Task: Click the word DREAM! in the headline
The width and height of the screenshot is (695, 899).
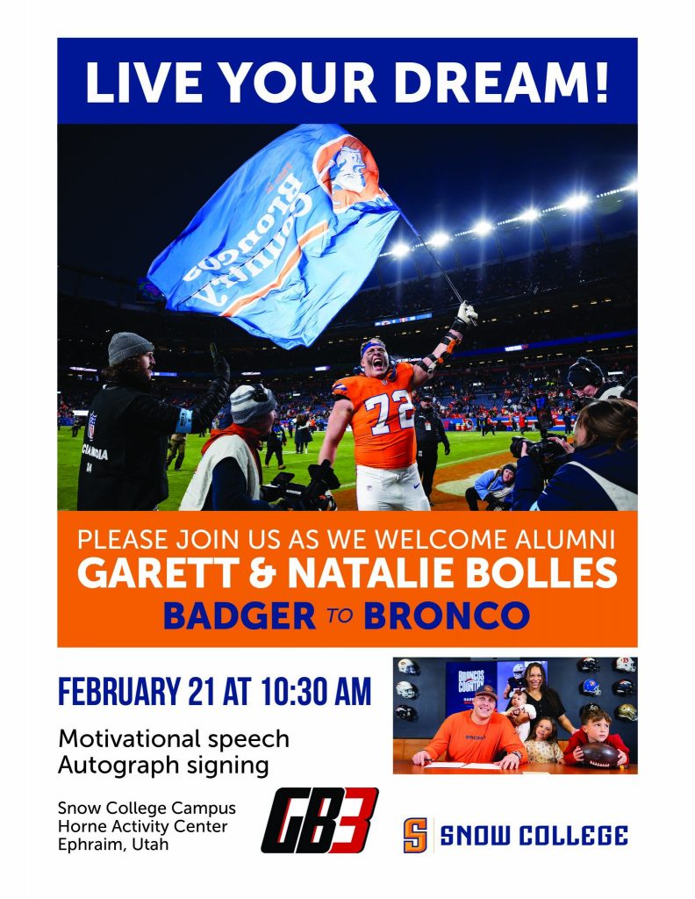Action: (501, 82)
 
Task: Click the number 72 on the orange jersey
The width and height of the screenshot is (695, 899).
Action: (389, 412)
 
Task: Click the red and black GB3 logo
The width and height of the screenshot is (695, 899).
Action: (319, 820)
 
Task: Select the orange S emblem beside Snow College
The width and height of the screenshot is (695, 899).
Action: (415, 836)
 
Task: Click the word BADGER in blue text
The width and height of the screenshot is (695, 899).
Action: (240, 615)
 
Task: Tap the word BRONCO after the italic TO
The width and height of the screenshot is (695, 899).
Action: (447, 615)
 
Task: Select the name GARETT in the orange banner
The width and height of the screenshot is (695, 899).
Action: (158, 572)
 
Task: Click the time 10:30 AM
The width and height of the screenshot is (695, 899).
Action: (316, 692)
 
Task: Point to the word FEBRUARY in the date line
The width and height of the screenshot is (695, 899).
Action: (119, 692)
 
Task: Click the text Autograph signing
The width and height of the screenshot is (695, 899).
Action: (163, 766)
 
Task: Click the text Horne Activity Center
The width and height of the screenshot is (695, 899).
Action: (143, 827)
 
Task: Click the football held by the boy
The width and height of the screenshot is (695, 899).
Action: (600, 754)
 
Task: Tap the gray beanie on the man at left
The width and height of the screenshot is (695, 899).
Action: (130, 348)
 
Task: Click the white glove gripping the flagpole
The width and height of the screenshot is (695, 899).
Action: (466, 313)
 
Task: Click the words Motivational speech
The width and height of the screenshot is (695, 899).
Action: (174, 739)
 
